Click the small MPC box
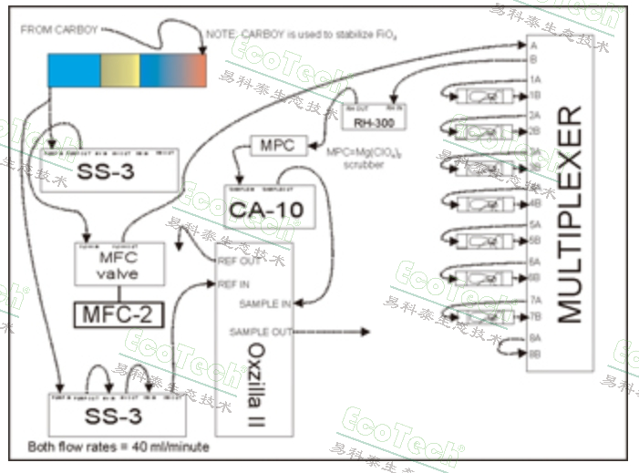276,146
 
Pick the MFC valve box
117,263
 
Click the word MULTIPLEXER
568,215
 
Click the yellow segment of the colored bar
119,70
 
